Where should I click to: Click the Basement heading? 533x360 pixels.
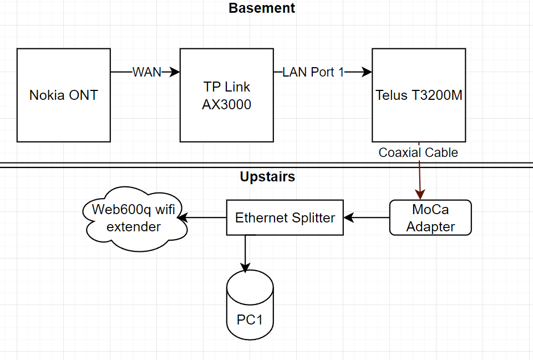coord(262,8)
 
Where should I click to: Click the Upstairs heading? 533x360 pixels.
coord(267,177)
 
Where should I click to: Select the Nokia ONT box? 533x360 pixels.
coord(63,95)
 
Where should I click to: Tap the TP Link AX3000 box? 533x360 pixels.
coord(226,95)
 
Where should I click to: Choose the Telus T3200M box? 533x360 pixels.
coord(419,95)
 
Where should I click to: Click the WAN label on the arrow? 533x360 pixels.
coord(146,72)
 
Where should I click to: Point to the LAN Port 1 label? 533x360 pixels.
coord(313,72)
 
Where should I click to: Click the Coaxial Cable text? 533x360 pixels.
coord(418,153)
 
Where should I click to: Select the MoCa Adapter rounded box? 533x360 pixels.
coord(430,218)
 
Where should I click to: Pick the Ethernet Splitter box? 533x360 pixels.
coord(285,217)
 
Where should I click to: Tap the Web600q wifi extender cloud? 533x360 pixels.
coord(134,218)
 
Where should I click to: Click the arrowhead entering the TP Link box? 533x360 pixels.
coord(175,72)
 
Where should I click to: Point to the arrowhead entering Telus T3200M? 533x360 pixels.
coord(367,72)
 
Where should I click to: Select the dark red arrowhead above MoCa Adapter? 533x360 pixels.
coord(420,194)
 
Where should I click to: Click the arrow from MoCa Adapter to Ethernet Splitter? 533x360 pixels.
coord(367,217)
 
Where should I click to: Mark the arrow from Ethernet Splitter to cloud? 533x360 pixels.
coord(203,217)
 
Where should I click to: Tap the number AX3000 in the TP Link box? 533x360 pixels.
coord(226,104)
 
